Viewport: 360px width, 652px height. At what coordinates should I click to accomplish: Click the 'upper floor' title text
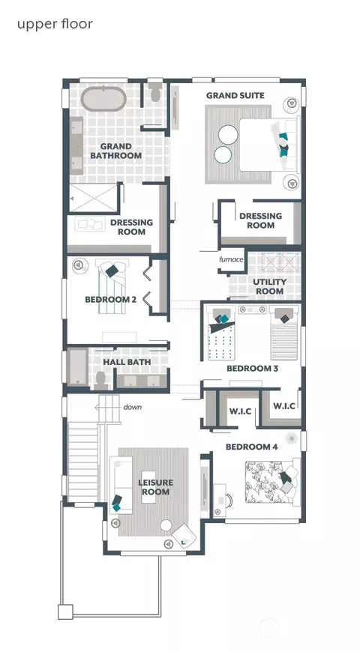coord(55,24)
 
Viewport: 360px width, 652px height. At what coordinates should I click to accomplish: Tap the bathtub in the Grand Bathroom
coord(103,99)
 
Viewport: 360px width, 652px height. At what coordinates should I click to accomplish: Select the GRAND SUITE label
coord(235,96)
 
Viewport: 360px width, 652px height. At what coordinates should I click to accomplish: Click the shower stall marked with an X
coord(93,198)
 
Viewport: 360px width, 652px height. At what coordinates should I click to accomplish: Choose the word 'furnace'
coord(231,259)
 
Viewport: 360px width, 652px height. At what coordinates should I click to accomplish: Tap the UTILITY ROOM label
coord(270,286)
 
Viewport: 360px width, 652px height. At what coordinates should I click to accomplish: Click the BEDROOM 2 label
coord(111,299)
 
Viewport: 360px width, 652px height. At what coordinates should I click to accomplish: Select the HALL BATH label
coord(127,362)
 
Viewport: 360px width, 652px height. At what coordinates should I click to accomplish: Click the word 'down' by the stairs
coord(132,407)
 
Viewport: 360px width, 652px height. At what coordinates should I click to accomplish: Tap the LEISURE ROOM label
coord(156,487)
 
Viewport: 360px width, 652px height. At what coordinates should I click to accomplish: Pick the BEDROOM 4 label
coord(251,447)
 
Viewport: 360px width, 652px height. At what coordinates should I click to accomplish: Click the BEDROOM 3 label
coord(252,369)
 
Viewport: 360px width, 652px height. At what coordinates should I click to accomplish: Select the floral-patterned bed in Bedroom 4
coord(272,483)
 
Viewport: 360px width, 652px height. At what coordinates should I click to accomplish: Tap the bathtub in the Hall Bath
coord(78,366)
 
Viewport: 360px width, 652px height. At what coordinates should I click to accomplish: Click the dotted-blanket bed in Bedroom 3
coord(221,333)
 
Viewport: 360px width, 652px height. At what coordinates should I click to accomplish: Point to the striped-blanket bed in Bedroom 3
coord(284,333)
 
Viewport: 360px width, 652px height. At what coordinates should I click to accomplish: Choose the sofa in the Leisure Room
coord(121,484)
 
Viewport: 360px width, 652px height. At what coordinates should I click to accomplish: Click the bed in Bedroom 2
coord(112,286)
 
